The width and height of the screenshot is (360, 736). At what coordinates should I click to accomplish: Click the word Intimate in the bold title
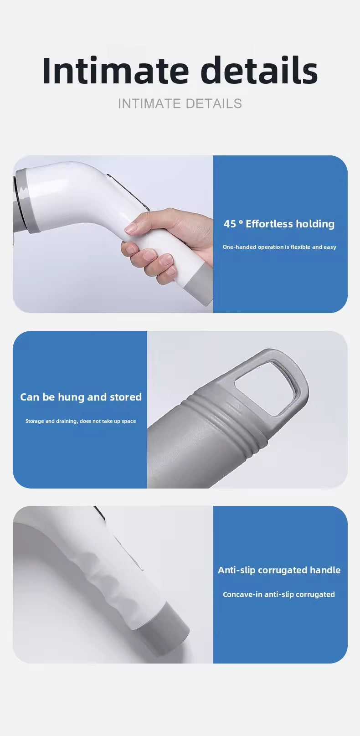115,71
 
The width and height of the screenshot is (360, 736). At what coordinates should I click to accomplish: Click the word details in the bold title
259,71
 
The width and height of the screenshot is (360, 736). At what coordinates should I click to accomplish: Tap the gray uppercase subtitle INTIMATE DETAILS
180,103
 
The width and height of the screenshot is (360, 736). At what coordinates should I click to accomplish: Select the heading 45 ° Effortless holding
279,224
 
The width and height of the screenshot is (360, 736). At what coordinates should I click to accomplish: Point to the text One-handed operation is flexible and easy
279,247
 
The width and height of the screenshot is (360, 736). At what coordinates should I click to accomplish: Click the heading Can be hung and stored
81,397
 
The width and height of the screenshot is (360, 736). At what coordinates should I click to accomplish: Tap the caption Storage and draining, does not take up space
81,421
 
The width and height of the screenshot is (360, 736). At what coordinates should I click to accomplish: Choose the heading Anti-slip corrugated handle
279,570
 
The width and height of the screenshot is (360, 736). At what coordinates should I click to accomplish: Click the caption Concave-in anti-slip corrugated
279,594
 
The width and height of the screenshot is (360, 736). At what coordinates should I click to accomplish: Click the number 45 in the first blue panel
230,224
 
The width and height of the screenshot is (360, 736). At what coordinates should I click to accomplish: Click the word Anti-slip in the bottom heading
236,570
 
